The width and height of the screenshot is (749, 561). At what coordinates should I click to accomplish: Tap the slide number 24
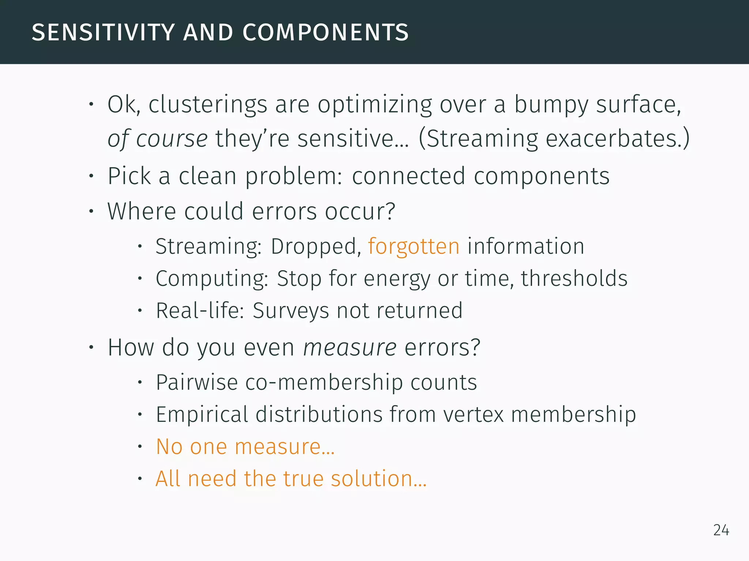721,530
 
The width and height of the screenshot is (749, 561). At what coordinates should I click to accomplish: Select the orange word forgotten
413,247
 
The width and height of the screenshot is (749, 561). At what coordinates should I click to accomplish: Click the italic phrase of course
157,139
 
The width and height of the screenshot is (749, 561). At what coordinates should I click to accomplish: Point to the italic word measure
350,347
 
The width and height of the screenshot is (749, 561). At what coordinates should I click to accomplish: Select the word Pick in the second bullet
129,176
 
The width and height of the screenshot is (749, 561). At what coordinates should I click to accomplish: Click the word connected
409,176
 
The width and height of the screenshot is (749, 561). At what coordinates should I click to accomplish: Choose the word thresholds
574,279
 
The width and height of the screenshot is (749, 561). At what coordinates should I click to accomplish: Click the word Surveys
291,311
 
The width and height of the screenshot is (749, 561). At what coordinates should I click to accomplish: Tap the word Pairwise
197,382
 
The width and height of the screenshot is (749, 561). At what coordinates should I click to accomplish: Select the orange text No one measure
245,447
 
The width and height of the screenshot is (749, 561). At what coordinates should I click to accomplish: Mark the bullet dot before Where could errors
91,211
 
